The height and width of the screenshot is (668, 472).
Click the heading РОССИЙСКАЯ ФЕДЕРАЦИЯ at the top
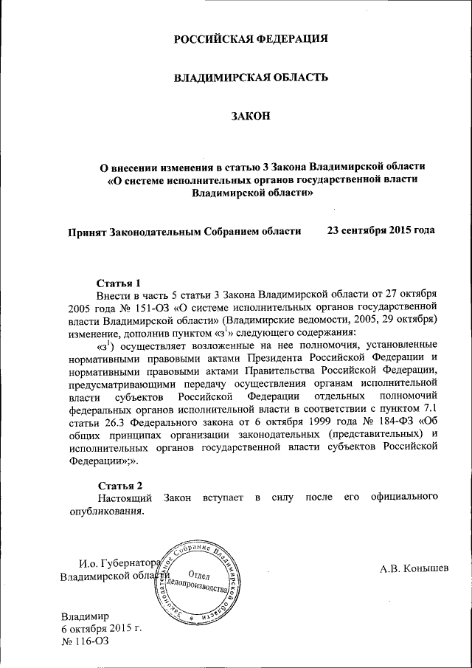tap(250, 39)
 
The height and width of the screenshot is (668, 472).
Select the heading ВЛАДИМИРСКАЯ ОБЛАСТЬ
tap(250, 78)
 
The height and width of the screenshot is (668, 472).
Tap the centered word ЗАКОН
tap(250, 116)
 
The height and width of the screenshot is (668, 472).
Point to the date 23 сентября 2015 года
tap(381, 230)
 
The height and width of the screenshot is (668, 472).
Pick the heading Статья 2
tap(119, 485)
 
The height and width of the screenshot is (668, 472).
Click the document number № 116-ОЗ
tap(83, 642)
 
